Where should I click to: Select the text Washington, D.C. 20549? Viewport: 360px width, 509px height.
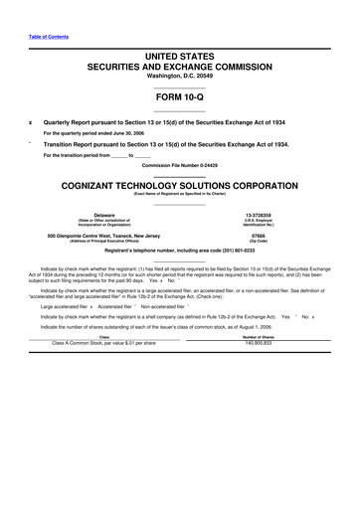(179, 76)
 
